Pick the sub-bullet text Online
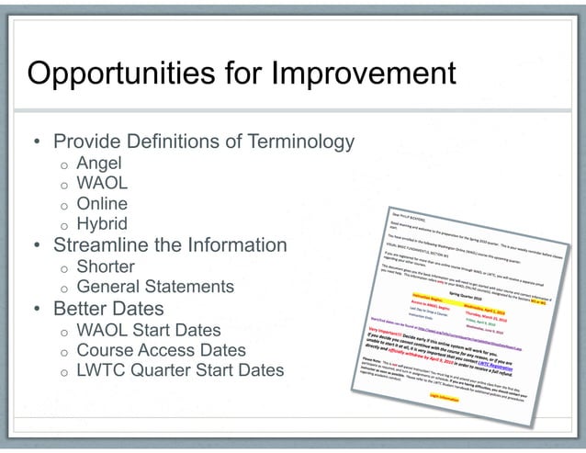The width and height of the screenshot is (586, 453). tap(102, 204)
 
